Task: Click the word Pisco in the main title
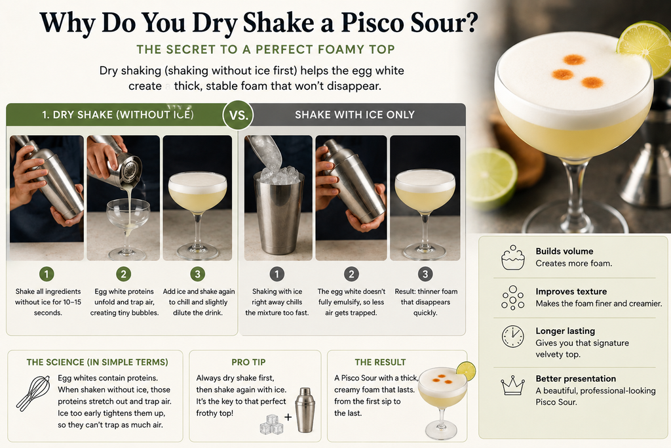click(x=372, y=22)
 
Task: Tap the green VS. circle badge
click(x=239, y=115)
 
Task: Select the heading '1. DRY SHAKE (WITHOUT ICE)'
click(x=118, y=115)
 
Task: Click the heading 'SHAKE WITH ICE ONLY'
click(x=355, y=115)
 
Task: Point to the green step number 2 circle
click(x=124, y=274)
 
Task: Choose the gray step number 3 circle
click(x=425, y=274)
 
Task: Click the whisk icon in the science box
click(x=33, y=393)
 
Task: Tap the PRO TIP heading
click(x=248, y=362)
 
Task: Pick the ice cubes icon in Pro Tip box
click(x=271, y=424)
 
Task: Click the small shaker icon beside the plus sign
click(x=305, y=410)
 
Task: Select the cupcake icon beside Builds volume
click(x=512, y=257)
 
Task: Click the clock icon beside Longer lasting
click(x=512, y=336)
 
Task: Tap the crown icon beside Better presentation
click(x=512, y=385)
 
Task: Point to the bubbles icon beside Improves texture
click(x=512, y=297)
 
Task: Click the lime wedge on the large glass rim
click(x=645, y=47)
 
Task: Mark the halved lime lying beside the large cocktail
click(x=491, y=178)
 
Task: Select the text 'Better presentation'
click(x=575, y=378)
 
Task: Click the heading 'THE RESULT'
click(x=380, y=362)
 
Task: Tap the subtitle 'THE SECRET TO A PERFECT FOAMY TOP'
click(x=266, y=50)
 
